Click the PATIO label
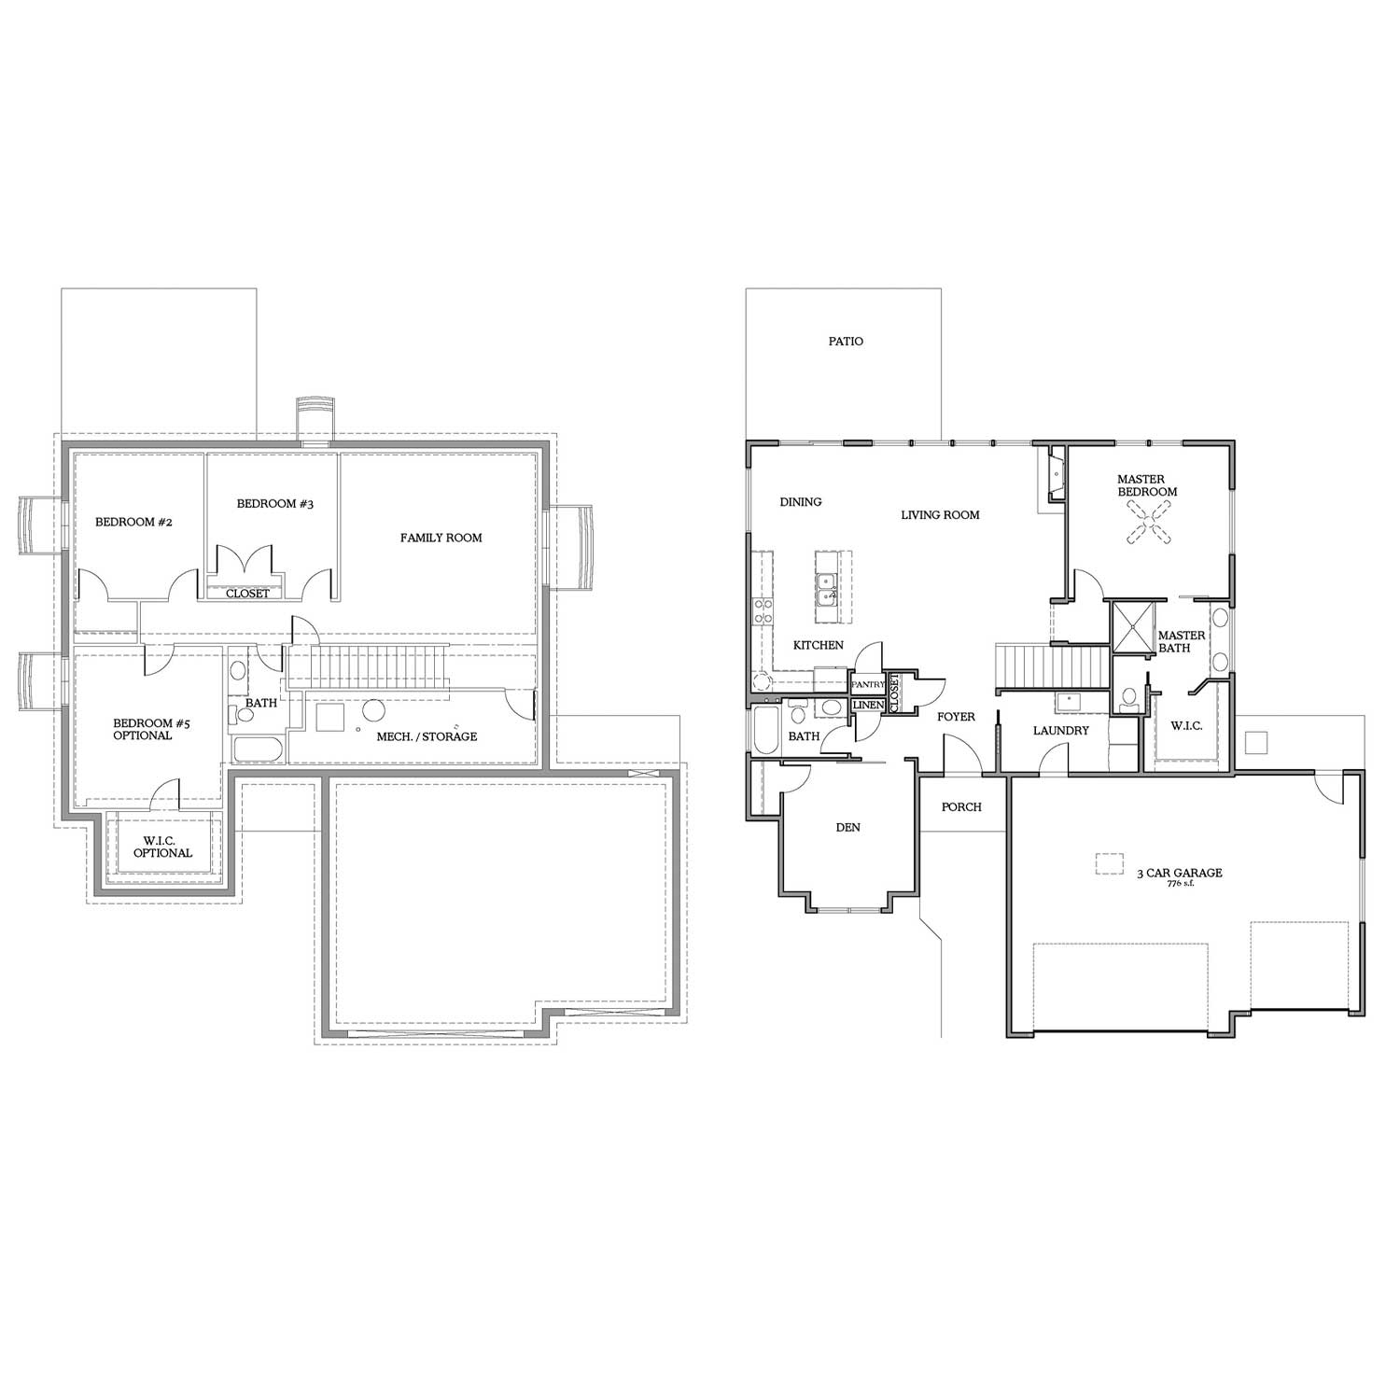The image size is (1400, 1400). pyautogui.click(x=846, y=342)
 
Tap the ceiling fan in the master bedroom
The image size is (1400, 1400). pyautogui.click(x=1148, y=521)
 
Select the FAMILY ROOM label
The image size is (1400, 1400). pyautogui.click(x=441, y=538)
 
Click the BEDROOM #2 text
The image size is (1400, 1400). pyautogui.click(x=133, y=522)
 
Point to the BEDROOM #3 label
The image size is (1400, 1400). pyautogui.click(x=274, y=504)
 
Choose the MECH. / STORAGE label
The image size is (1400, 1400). pyautogui.click(x=427, y=736)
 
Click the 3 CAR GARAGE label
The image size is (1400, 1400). pyautogui.click(x=1179, y=874)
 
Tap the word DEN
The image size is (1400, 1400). pyautogui.click(x=847, y=827)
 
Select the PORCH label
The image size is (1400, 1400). pyautogui.click(x=961, y=807)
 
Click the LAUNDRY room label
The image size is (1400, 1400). pyautogui.click(x=1061, y=731)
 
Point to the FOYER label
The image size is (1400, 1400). pyautogui.click(x=956, y=717)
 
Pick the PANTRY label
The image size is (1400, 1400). pyautogui.click(x=867, y=684)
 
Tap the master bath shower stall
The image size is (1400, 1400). pyautogui.click(x=1129, y=628)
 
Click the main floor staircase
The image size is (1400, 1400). pyautogui.click(x=1052, y=665)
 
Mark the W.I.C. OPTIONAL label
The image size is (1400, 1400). pyautogui.click(x=162, y=847)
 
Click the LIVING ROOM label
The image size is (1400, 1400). pyautogui.click(x=940, y=515)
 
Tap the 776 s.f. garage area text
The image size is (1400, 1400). pyautogui.click(x=1180, y=884)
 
